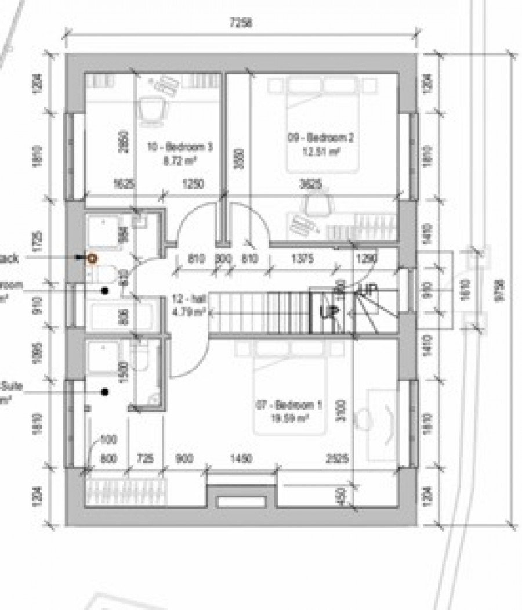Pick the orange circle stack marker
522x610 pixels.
[91, 258]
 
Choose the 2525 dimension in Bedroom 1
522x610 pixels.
[337, 459]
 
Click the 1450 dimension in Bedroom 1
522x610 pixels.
[240, 459]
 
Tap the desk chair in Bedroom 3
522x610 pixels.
[150, 110]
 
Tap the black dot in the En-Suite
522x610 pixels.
[105, 392]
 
